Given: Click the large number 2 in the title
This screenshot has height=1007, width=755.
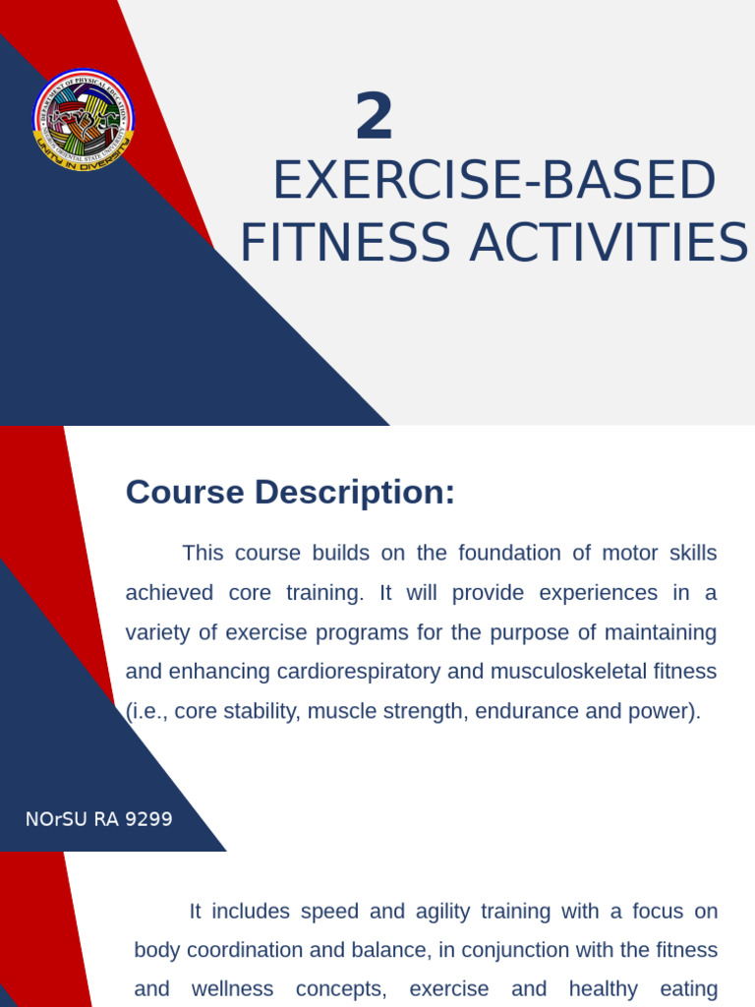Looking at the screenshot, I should click(374, 117).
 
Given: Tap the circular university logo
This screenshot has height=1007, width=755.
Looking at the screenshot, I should click(84, 119).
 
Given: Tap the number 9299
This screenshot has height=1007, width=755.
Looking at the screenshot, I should click(150, 819).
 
